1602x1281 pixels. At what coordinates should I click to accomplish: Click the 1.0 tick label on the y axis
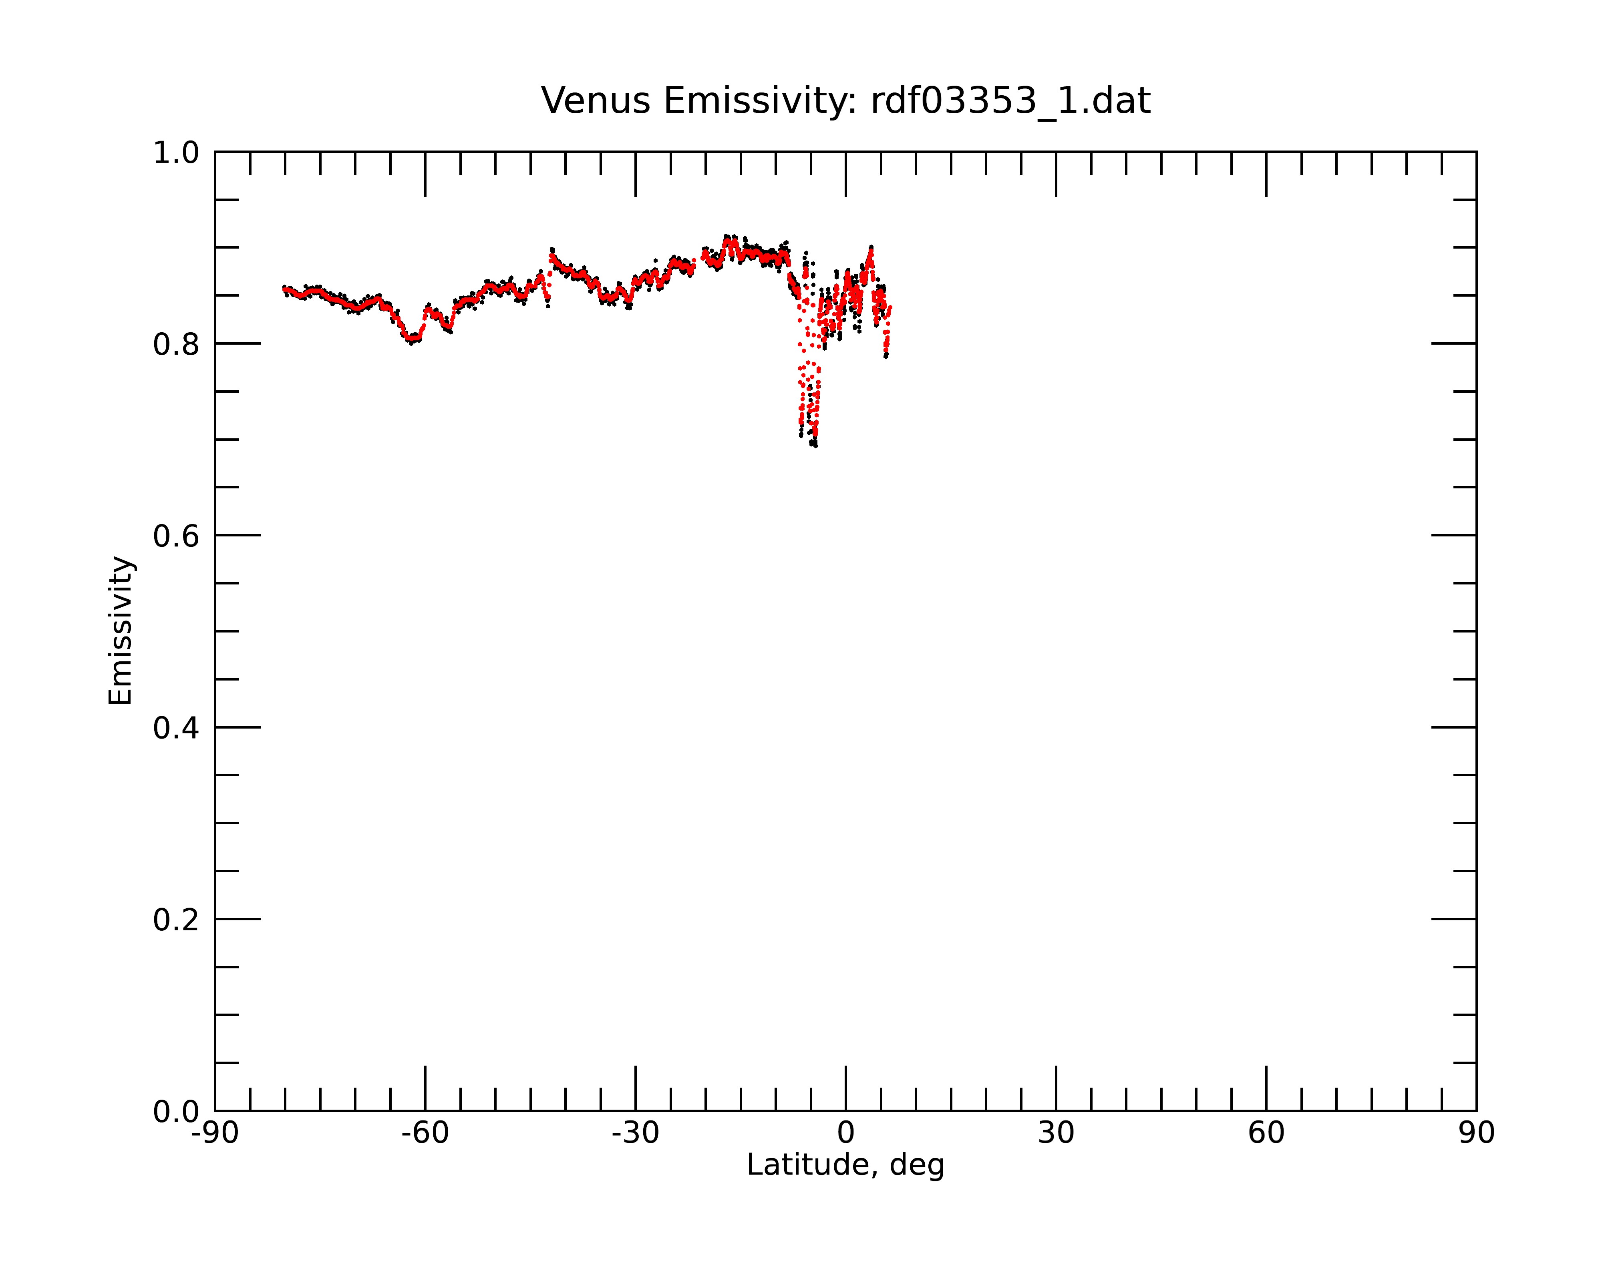tap(176, 153)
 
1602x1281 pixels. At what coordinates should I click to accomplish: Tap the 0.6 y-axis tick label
tap(176, 536)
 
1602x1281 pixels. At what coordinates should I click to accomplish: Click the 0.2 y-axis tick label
tap(176, 920)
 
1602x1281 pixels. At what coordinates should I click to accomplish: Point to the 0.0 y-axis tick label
tap(176, 1112)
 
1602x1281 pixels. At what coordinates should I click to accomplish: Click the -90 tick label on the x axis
tap(215, 1133)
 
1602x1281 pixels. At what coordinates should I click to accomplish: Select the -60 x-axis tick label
tap(425, 1133)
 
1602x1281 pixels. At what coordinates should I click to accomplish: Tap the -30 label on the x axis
tap(635, 1133)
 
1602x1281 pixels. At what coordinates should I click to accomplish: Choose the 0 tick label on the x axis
tap(845, 1133)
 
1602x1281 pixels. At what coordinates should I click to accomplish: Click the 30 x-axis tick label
tap(1056, 1133)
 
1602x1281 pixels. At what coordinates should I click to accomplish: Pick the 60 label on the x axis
tap(1266, 1133)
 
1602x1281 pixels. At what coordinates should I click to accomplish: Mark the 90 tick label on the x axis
tap(1476, 1133)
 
